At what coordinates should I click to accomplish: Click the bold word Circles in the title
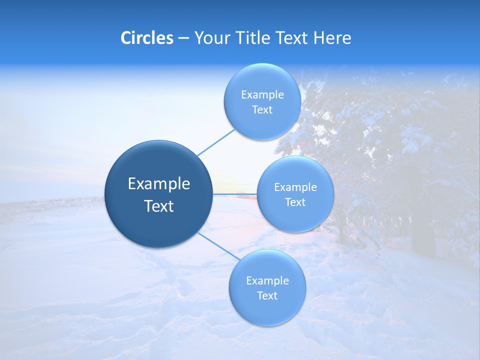pos(147,38)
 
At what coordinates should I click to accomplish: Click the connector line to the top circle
pos(216,142)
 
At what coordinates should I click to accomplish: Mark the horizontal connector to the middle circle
pos(234,193)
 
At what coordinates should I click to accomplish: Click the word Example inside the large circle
pos(159,184)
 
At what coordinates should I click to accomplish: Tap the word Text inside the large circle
pos(159,206)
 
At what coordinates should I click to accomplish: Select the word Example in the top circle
pos(262,95)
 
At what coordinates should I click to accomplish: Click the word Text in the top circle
pos(262,110)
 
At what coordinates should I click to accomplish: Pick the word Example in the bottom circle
pos(267,281)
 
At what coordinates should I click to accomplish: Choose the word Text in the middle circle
pos(295,202)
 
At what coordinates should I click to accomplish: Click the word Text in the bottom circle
pos(267,296)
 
